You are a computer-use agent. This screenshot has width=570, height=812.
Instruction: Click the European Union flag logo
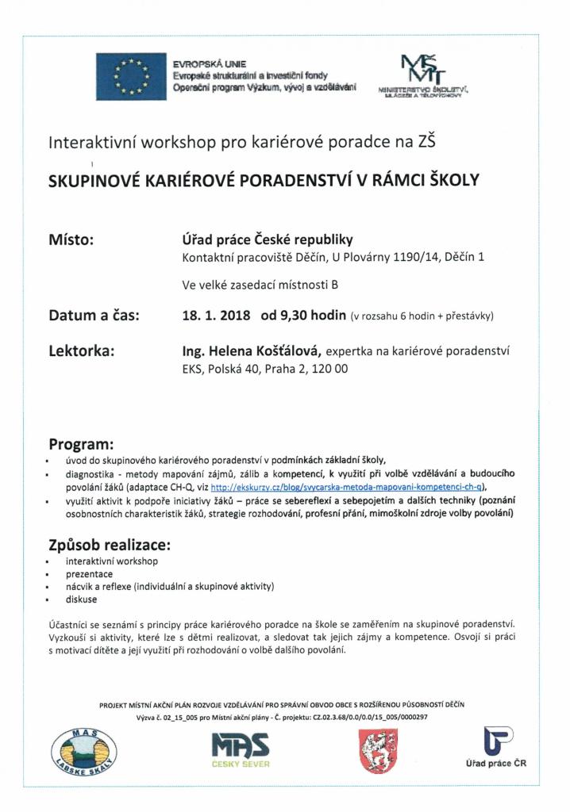pyautogui.click(x=131, y=75)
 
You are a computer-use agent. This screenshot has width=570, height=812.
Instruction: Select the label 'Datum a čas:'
pyautogui.click(x=94, y=316)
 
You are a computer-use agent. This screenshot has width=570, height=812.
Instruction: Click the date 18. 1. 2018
pyautogui.click(x=214, y=316)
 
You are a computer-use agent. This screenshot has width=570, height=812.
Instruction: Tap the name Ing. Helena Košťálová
pyautogui.click(x=252, y=350)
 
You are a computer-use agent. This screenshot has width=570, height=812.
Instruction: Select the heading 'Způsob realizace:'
pyautogui.click(x=109, y=546)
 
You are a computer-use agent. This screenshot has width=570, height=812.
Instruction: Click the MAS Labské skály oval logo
pyautogui.click(x=83, y=751)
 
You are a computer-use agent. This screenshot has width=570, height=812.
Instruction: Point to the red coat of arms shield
pyautogui.click(x=372, y=750)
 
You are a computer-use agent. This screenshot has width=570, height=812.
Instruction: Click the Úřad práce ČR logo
pyautogui.click(x=495, y=748)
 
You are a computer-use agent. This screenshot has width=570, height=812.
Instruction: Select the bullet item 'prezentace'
pyautogui.click(x=89, y=573)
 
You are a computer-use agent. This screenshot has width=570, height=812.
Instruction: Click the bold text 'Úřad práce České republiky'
pyautogui.click(x=268, y=239)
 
